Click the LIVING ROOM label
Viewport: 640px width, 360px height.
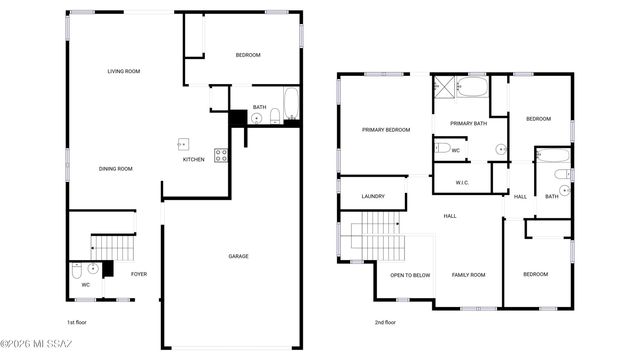(124, 71)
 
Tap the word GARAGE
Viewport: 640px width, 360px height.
(238, 256)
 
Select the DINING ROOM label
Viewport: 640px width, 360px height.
(116, 169)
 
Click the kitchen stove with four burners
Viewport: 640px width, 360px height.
(221, 155)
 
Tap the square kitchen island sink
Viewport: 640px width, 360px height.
(184, 143)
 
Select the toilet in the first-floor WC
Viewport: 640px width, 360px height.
(78, 270)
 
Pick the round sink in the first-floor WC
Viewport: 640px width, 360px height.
(93, 269)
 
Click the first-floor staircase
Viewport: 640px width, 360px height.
(112, 246)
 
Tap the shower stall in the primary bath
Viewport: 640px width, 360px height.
(443, 88)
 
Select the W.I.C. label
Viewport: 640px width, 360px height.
(462, 183)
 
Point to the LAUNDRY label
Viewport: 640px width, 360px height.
(373, 196)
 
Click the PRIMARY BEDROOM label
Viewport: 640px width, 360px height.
(386, 130)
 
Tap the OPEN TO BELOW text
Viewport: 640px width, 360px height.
(410, 275)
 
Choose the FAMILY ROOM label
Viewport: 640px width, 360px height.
(468, 275)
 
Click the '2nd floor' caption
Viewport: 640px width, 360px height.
(385, 323)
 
